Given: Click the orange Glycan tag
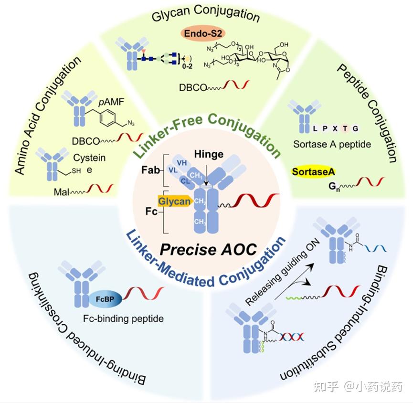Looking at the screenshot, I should coord(175,202).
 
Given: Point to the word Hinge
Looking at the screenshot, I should coord(209,154).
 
